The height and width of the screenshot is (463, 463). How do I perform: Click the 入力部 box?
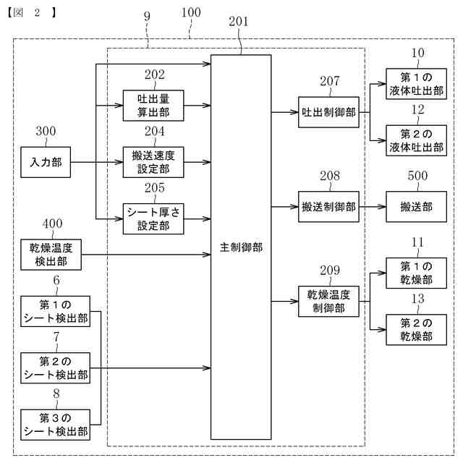(x=46, y=162)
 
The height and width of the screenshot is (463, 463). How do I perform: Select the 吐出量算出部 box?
(x=153, y=105)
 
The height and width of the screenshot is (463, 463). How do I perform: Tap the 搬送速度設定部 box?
(x=153, y=161)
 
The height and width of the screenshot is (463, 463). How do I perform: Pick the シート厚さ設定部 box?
(x=153, y=217)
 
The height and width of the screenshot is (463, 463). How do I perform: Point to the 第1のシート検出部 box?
(x=55, y=311)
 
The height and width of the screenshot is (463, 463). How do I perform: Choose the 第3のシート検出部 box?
(x=55, y=425)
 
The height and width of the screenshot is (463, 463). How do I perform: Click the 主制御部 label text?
(x=241, y=247)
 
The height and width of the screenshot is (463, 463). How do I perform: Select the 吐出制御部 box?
(x=328, y=111)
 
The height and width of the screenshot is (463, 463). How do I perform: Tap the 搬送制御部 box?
(x=328, y=206)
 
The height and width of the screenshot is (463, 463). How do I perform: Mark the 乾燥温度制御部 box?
(x=328, y=300)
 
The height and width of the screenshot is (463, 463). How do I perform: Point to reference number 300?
(x=46, y=132)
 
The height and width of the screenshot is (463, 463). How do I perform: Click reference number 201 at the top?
(x=238, y=22)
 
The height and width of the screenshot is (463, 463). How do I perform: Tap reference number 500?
(x=417, y=177)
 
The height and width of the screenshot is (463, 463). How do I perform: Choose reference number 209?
(x=330, y=270)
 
